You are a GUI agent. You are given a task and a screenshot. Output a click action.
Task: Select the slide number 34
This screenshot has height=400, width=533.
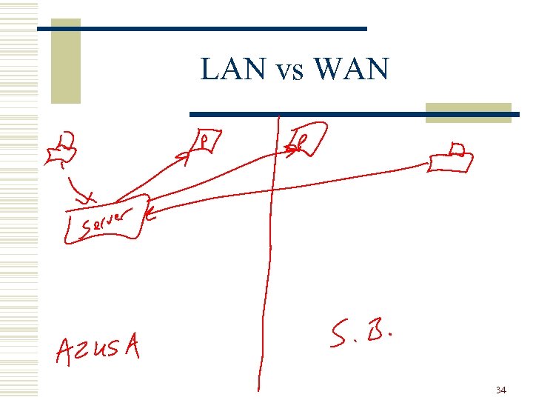point(501,390)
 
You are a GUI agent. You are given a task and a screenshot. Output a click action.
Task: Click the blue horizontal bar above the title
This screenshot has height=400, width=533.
point(201,28)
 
